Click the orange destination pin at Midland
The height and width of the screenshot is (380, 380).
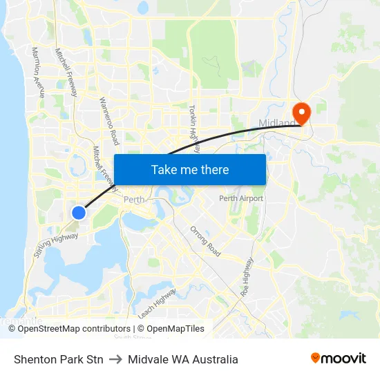coord(302,112)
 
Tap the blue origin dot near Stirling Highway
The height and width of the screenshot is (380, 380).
coord(79,213)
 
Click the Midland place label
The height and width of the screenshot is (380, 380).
coord(276,124)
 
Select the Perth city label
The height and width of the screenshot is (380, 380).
coord(133,200)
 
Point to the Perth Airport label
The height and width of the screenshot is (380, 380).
coord(241,198)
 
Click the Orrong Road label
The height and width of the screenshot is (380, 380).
coord(205,241)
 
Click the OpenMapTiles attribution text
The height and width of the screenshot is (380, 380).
coord(175,329)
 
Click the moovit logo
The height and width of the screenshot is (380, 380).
coord(339,359)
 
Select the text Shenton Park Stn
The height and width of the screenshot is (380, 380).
coord(59,359)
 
